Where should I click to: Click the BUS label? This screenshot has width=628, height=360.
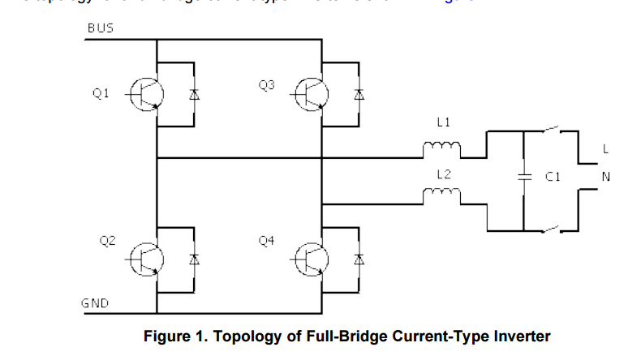coord(101,28)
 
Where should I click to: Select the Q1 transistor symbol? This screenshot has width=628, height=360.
coord(146,95)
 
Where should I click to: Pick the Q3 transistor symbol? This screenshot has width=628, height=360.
coord(312,95)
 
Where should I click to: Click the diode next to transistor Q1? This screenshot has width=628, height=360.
coord(193,95)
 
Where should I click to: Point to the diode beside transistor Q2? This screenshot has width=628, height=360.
coord(193,259)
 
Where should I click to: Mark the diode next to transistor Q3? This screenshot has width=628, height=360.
coord(358,95)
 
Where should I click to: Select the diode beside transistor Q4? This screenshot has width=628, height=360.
coord(358,259)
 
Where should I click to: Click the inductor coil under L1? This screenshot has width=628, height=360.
coord(441,148)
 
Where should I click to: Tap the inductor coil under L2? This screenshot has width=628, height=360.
coord(441,195)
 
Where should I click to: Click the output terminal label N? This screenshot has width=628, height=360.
coord(605,176)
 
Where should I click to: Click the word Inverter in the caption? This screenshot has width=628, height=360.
coord(518,336)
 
